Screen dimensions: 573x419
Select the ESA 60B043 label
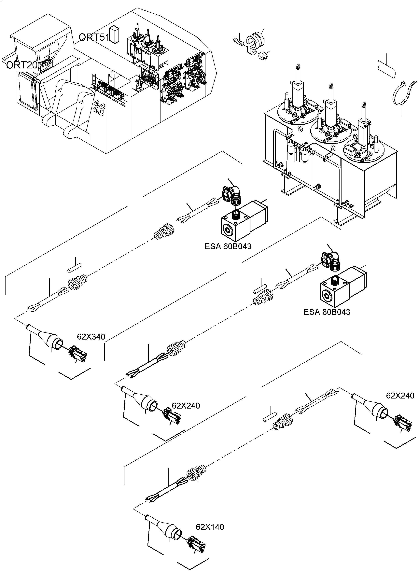click(x=228, y=246)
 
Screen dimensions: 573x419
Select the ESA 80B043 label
click(x=327, y=312)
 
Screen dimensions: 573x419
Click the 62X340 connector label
click(x=91, y=337)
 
